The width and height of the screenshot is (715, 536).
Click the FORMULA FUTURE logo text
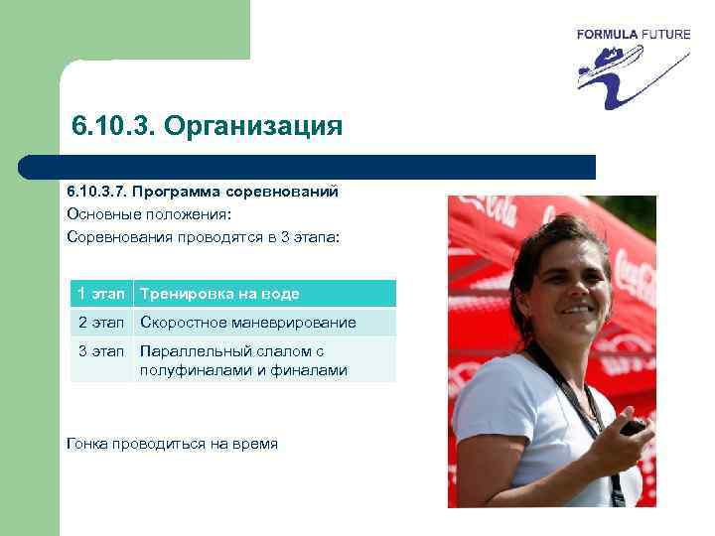click(633, 34)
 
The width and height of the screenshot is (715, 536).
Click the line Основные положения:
click(148, 213)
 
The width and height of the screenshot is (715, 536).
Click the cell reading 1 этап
click(101, 294)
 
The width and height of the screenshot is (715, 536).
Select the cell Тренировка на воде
click(219, 294)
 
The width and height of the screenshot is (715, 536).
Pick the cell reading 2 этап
click(101, 323)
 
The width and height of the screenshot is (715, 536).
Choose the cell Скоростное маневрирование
click(248, 323)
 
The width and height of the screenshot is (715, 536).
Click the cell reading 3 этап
click(101, 351)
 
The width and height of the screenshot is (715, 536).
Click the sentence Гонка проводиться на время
click(172, 444)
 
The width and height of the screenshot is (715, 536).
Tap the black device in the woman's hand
click(632, 427)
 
